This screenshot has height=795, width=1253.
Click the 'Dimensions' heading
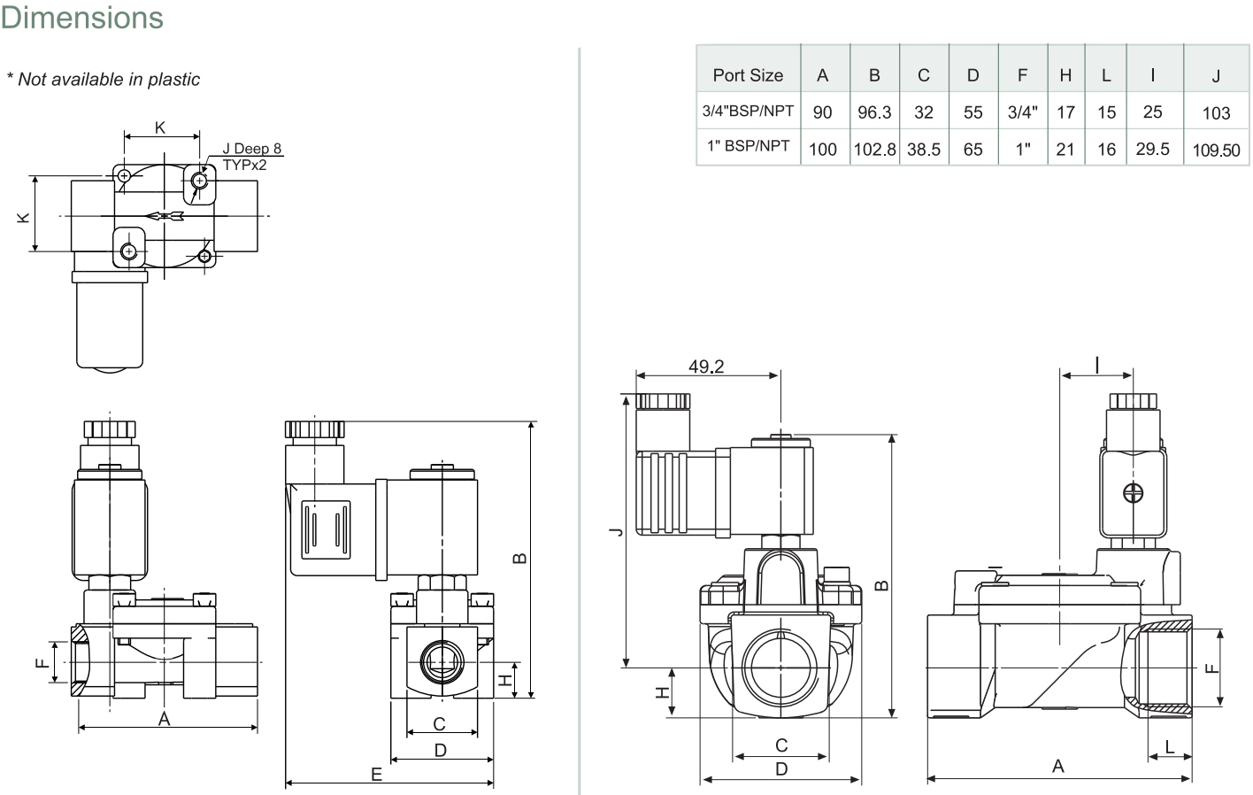click(x=81, y=18)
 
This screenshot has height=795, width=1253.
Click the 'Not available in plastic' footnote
click(x=109, y=80)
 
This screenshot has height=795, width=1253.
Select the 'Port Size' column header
click(x=748, y=75)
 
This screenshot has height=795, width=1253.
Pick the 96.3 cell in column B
click(x=874, y=112)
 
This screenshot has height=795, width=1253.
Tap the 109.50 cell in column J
click(x=1216, y=150)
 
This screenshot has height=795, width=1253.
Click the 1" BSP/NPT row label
click(x=748, y=146)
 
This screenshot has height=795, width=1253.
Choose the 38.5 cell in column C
click(x=924, y=150)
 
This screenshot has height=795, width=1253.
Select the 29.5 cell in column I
click(x=1152, y=149)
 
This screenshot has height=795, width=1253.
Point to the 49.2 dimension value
click(x=706, y=367)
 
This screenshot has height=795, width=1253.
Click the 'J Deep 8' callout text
click(x=251, y=148)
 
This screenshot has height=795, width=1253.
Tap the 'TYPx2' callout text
click(x=244, y=165)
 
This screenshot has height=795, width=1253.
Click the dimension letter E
click(x=376, y=775)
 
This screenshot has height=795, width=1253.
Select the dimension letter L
click(x=1169, y=746)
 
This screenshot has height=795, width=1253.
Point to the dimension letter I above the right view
click(x=1097, y=366)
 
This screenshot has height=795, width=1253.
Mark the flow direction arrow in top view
click(x=164, y=216)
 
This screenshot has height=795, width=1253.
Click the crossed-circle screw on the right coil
click(x=1134, y=493)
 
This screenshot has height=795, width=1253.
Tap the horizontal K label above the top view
click(x=160, y=127)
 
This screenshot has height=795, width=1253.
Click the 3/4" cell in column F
click(x=1022, y=112)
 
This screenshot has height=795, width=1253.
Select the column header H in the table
click(x=1065, y=75)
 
